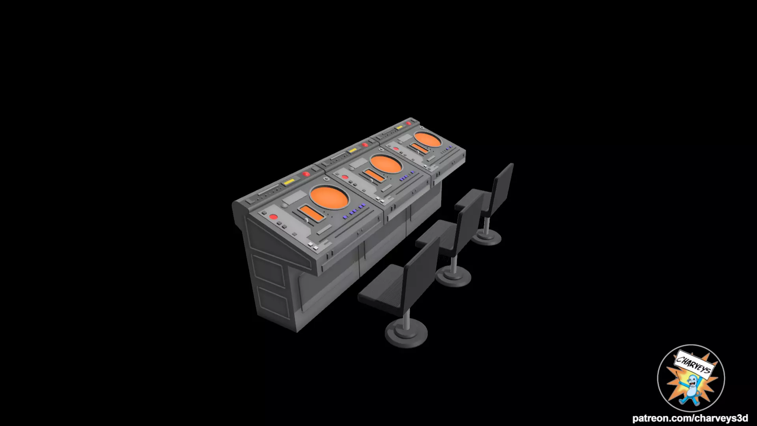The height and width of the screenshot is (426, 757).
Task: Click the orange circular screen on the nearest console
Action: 330,197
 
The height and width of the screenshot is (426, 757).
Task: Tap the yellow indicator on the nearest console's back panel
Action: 289,181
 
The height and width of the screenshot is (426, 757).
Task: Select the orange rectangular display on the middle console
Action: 373,175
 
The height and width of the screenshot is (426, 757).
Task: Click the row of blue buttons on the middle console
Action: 407,177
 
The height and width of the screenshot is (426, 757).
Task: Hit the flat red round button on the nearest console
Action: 272,217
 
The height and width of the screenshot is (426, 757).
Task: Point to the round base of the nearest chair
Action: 406,334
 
